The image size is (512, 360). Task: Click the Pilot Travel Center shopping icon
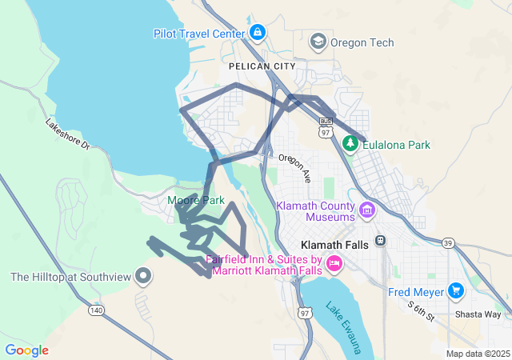click(x=257, y=33)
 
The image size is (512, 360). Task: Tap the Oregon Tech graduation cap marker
click(x=318, y=42)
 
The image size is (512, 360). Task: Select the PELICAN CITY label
click(x=255, y=66)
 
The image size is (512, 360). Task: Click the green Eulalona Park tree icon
click(x=350, y=144)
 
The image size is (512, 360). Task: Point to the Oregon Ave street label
click(x=294, y=168)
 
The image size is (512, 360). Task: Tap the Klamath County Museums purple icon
click(x=367, y=210)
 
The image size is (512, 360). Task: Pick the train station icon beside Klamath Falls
click(x=381, y=241)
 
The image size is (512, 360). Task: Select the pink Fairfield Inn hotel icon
click(x=335, y=262)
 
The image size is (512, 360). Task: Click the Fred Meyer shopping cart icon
click(x=456, y=290)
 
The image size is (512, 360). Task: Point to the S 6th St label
click(x=421, y=311)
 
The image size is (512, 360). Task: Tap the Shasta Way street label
click(x=477, y=314)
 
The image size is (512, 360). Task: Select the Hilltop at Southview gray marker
click(x=144, y=277)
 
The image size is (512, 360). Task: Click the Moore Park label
click(x=196, y=200)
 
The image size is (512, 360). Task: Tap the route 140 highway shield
click(x=97, y=309)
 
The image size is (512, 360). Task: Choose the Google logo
click(x=26, y=350)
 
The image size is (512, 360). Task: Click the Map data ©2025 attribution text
click(x=477, y=354)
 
